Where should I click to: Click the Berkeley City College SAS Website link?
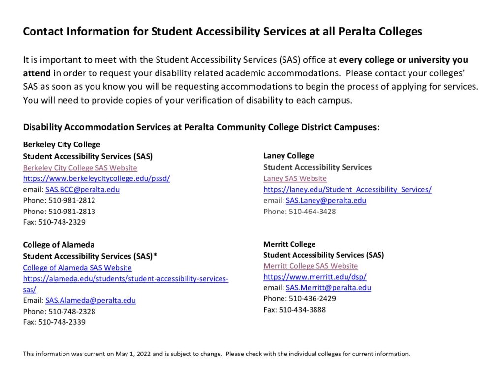[80, 168]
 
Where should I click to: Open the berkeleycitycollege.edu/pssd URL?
[96, 178]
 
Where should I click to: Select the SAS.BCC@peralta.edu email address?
[82, 189]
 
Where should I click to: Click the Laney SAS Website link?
[295, 178]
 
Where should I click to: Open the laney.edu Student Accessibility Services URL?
[347, 189]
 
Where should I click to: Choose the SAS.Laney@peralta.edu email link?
[326, 200]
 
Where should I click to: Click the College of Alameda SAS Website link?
[77, 268]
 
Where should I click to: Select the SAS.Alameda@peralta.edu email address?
[91, 300]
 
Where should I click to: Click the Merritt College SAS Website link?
[311, 266]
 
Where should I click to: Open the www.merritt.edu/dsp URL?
[315, 277]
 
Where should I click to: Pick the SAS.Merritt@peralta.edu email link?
[328, 287]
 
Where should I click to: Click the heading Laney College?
[288, 156]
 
